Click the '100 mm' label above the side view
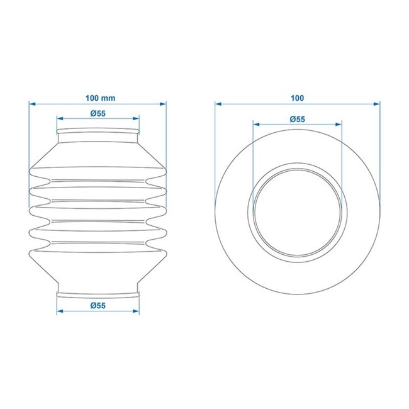tap(98, 98)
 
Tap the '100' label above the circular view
tap(298, 98)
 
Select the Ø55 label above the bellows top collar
tap(98, 113)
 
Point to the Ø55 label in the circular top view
tap(298, 119)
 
